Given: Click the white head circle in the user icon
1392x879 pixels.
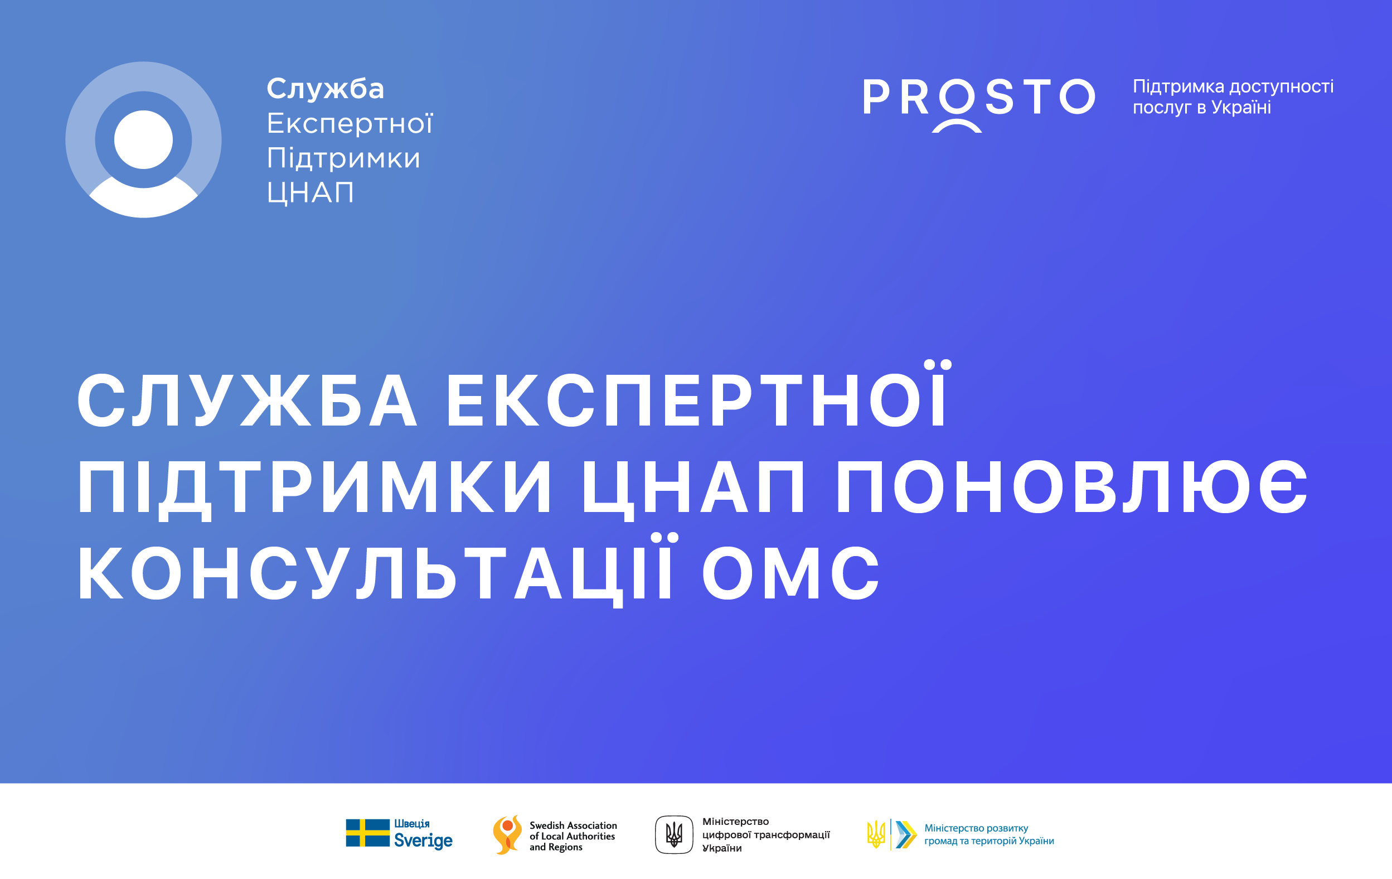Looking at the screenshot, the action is point(143,139).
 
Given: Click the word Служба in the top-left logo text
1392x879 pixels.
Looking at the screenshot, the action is point(326,89).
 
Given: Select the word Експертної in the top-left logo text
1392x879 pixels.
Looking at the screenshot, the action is point(350,123).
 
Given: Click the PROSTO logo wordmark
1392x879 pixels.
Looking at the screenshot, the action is point(979,97).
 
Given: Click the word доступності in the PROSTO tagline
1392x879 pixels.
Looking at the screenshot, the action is point(1282,87).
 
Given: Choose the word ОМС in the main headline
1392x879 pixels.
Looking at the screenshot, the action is point(790,574).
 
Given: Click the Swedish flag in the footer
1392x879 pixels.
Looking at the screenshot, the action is point(368,833).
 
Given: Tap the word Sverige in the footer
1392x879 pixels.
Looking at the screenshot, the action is point(423,841).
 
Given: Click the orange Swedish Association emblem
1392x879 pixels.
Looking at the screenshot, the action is point(507,834).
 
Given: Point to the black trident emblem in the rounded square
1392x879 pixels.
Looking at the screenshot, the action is point(674,834).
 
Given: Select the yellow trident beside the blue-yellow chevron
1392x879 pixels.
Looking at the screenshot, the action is point(876,834).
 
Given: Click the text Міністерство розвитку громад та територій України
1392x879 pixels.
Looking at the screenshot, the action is point(989,834).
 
